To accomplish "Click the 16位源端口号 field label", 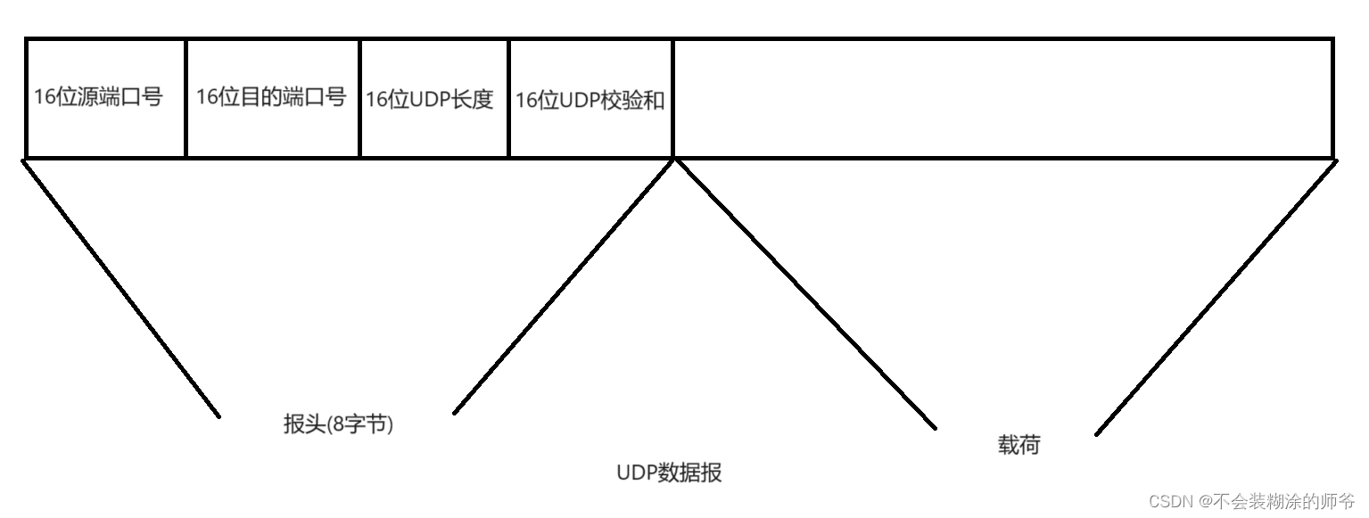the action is coord(98,97).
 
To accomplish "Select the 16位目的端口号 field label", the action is coord(271,97).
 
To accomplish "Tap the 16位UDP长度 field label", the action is coord(429,99).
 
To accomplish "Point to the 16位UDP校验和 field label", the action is coord(590,100).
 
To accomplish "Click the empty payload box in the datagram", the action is coord(1002,98).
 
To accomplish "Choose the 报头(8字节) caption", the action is coord(338,424).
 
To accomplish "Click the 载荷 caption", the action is coord(1019,445).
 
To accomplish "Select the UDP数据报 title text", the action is coord(669,473).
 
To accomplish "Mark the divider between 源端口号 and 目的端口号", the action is coord(186,98).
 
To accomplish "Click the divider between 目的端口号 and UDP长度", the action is coord(359,98).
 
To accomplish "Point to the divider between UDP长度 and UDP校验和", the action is coord(508,98).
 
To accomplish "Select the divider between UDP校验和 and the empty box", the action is coord(673,98).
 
